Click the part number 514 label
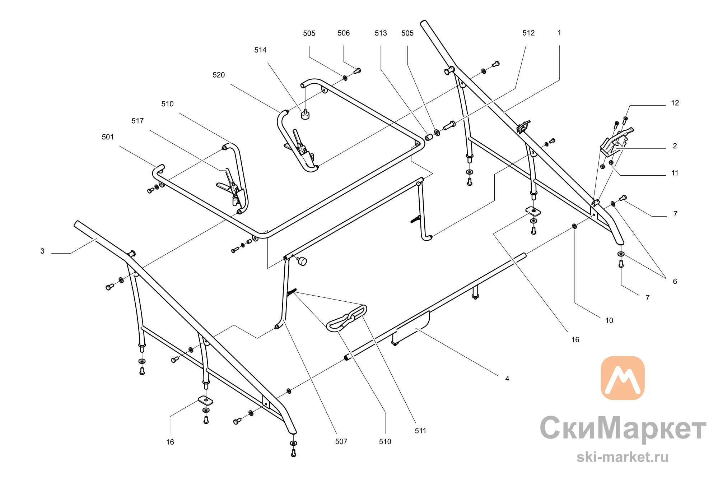[x=260, y=50]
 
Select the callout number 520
[x=219, y=75]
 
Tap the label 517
[x=137, y=121]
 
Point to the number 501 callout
[x=108, y=137]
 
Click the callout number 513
[x=381, y=33]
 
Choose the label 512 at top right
[x=528, y=33]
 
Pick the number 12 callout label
[x=675, y=103]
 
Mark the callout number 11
[x=675, y=173]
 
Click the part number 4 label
[x=507, y=379]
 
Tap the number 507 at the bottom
[x=341, y=441]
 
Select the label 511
[x=420, y=431]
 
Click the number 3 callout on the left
[x=42, y=251]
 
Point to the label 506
[x=344, y=33]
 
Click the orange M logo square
[x=623, y=378]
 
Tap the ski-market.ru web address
[x=623, y=457]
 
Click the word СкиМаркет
[x=623, y=428]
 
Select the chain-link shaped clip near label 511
[x=347, y=318]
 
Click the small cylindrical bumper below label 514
[x=305, y=115]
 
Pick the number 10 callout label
[x=609, y=321]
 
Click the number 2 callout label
[x=675, y=146]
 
